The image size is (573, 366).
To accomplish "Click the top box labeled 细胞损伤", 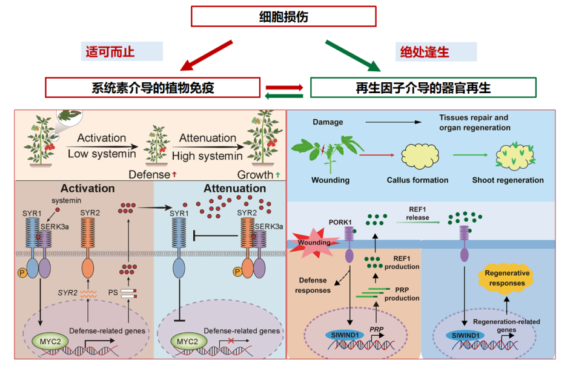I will [x=283, y=16].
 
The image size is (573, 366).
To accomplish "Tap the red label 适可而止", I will [x=110, y=51].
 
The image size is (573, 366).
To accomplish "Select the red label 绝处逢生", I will [x=425, y=51].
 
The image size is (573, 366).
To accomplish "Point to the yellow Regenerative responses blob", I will [x=507, y=278].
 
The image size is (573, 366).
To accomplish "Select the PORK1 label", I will [x=340, y=221].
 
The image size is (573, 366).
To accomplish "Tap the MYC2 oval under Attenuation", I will [x=183, y=342].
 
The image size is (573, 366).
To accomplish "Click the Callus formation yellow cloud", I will [x=417, y=155].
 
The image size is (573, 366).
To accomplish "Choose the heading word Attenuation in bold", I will [x=234, y=189].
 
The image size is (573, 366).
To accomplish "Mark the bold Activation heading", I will [x=87, y=189].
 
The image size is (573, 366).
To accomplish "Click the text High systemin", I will [x=207, y=156].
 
